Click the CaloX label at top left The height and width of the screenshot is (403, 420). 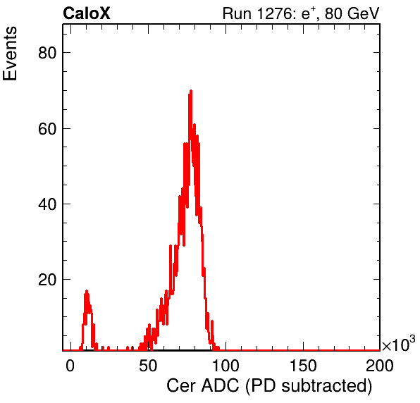pos(87,13)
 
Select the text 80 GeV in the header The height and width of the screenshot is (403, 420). pos(352,13)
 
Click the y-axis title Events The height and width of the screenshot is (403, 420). pos(10,54)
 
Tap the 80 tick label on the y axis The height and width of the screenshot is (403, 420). pos(48,53)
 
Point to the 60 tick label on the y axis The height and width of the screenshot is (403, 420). pos(48,128)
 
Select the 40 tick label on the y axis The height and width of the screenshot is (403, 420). pos(48,204)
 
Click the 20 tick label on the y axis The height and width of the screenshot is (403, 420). pos(48,280)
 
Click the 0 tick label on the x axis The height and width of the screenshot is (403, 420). pos(70,366)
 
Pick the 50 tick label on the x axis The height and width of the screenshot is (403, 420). pos(148,366)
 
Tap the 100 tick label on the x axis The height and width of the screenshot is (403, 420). pos(226,366)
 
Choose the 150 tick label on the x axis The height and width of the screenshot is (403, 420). pos(303,366)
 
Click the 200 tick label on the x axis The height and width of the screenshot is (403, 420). pos(380,366)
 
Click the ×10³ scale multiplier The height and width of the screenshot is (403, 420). pos(399,345)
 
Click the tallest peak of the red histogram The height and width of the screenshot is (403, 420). pos(191,91)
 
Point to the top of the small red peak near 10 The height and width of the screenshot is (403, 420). pos(87,291)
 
